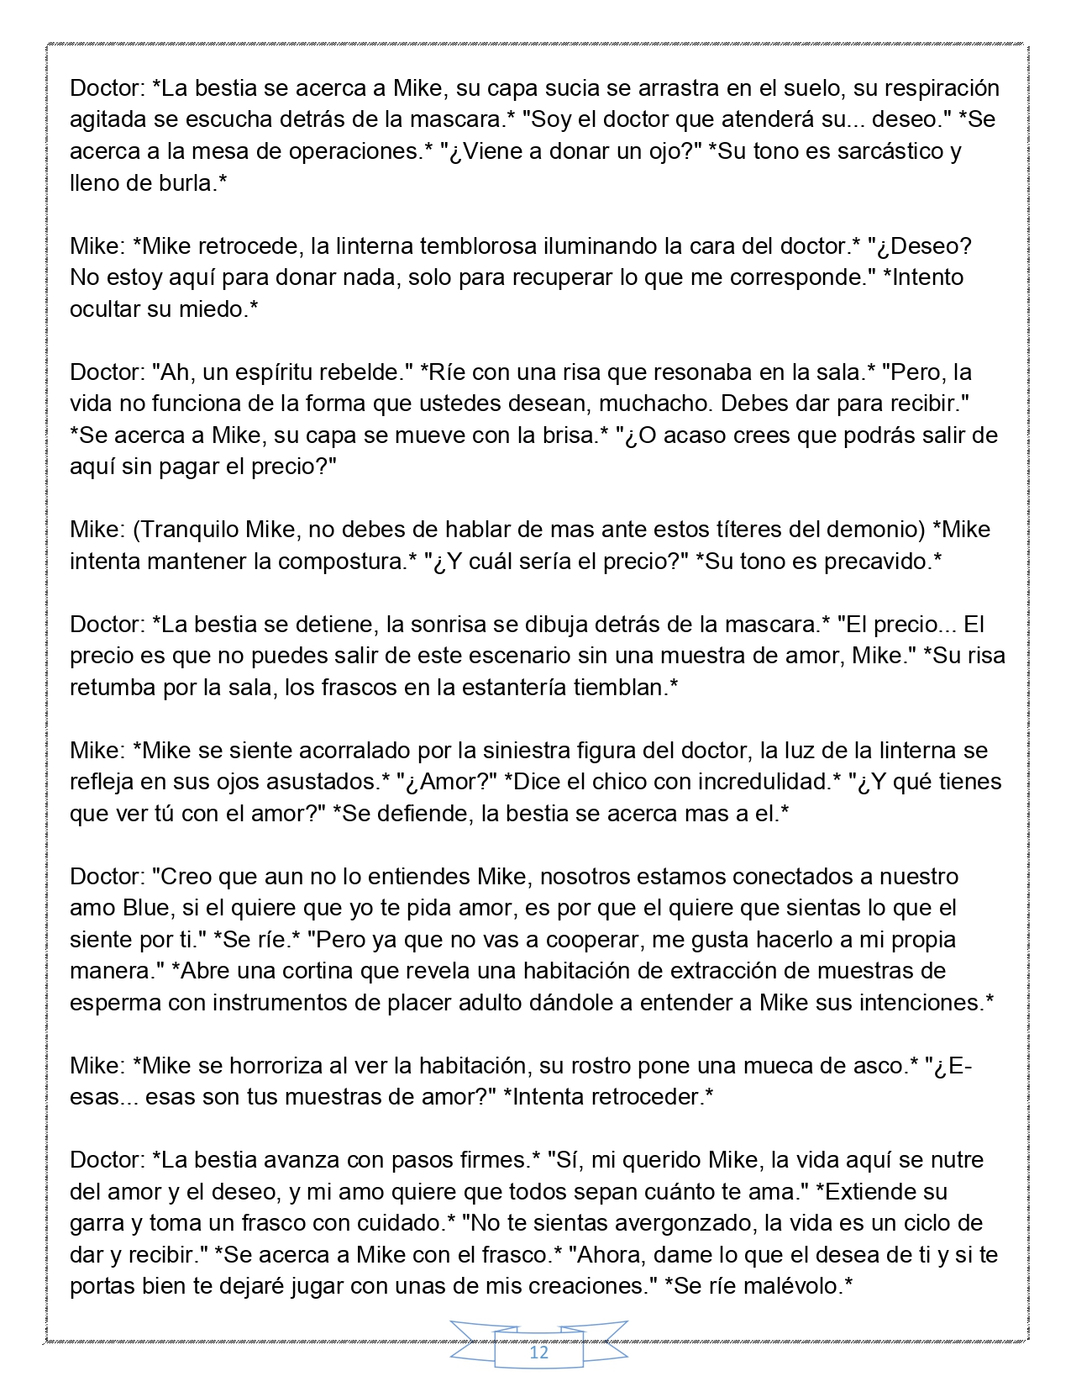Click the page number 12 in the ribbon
tap(538, 1353)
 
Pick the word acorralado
tap(349, 750)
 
